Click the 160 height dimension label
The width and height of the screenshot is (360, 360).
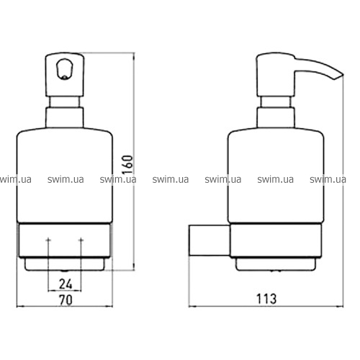(127, 165)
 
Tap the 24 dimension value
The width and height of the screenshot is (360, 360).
(66, 284)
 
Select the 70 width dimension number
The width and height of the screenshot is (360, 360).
(66, 300)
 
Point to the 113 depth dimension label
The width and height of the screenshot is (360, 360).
(266, 299)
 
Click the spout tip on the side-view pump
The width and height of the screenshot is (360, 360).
(340, 76)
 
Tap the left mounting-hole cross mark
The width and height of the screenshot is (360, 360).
(48, 240)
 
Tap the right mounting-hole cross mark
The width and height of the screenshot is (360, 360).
(81, 240)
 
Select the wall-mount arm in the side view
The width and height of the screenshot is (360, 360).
(210, 240)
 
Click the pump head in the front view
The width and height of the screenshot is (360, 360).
(65, 75)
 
